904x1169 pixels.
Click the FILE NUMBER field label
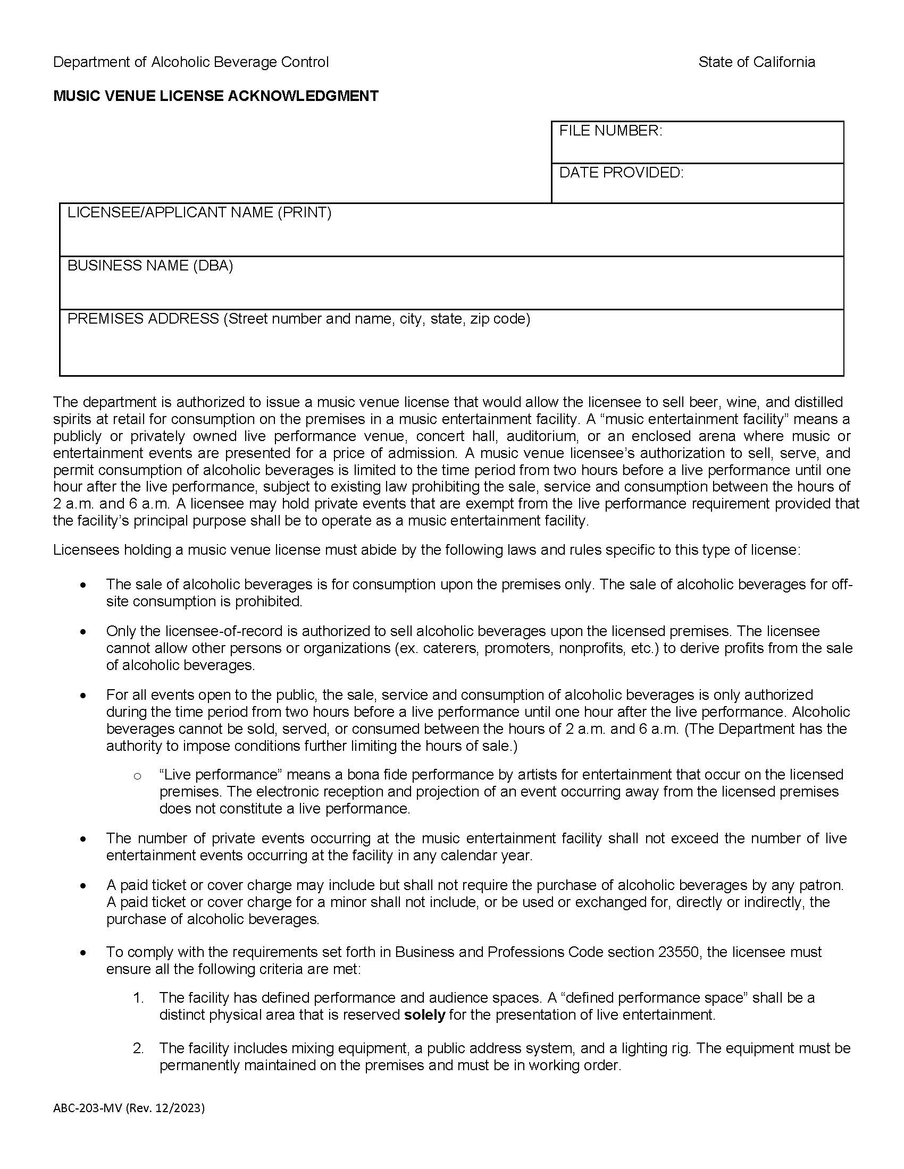coord(610,131)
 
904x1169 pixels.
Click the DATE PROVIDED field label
coord(621,172)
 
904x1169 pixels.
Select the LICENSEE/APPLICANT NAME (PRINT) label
coord(199,213)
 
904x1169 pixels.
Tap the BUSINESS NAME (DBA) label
coord(150,266)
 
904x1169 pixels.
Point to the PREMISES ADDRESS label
coord(143,319)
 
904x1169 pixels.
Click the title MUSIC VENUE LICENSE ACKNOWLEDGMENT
coord(216,96)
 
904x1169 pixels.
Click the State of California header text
coord(756,62)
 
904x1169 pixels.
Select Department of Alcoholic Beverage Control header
coord(191,62)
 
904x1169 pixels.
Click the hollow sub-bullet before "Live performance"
coord(137,776)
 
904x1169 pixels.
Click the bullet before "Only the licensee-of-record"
coord(82,632)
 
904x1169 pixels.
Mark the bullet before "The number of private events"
coord(82,839)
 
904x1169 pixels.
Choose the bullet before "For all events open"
coord(82,696)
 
